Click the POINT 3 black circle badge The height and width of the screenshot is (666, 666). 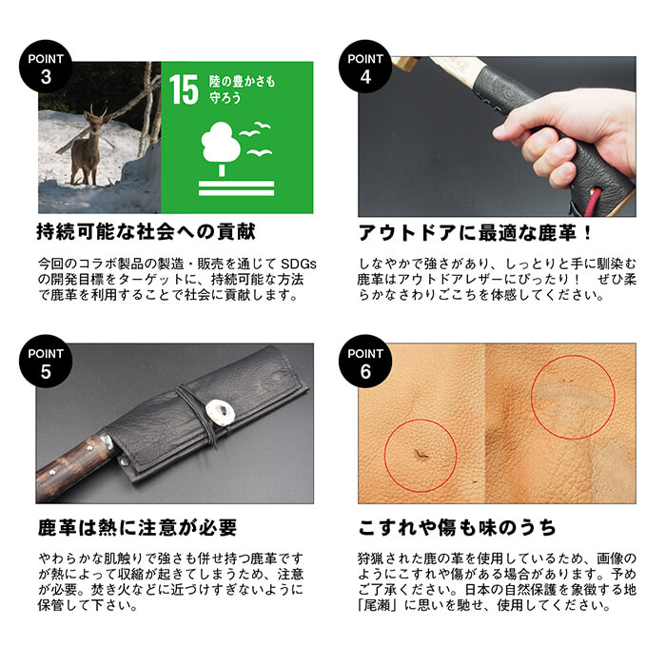tap(46, 66)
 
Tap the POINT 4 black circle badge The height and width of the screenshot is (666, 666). tap(365, 66)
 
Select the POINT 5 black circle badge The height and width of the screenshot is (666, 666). tap(46, 361)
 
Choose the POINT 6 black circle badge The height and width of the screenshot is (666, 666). tap(365, 361)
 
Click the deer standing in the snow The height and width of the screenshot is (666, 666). tap(88, 147)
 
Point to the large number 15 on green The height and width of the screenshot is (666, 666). tap(184, 89)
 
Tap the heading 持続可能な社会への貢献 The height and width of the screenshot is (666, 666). tap(147, 232)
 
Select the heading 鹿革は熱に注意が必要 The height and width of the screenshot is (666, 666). tap(138, 527)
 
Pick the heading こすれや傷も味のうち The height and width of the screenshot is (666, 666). tap(457, 527)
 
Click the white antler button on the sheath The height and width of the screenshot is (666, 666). tap(218, 411)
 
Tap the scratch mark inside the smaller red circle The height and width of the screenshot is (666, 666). tap(421, 455)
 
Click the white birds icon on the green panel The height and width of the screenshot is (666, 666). tap(256, 140)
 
